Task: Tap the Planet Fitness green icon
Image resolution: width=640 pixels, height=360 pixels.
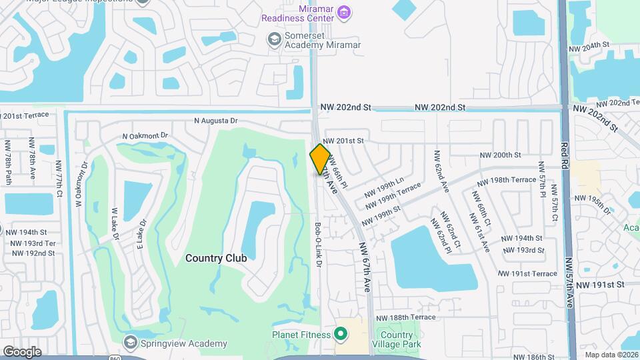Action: coord(342,332)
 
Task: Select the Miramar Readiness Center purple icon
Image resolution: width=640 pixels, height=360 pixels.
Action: coord(344,11)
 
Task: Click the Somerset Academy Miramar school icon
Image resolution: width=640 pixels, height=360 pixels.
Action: coord(273,39)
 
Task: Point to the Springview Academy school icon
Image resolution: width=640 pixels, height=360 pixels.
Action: coord(130,343)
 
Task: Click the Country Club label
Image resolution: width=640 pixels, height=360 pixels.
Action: coord(216,258)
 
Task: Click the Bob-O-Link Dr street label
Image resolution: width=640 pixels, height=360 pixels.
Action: coord(319,245)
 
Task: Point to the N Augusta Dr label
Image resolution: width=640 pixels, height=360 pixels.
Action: coord(215,121)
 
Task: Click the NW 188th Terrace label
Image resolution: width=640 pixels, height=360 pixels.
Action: coord(406,318)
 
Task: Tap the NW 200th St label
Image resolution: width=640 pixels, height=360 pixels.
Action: coord(500,155)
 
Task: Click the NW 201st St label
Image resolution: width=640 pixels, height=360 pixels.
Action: coord(343,141)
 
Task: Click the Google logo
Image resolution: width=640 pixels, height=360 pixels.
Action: coord(22,351)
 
